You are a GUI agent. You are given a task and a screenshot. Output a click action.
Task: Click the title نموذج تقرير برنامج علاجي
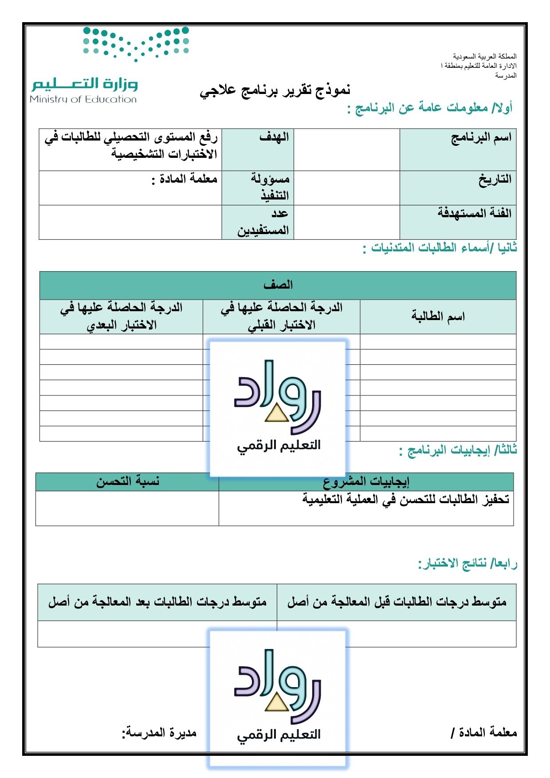pyautogui.click(x=275, y=90)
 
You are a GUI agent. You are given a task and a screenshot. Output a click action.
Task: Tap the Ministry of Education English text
pyautogui.click(x=83, y=99)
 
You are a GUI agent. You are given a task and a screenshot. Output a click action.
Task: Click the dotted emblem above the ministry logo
pyautogui.click(x=136, y=43)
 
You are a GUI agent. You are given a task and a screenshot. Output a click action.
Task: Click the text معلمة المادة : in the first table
pyautogui.click(x=184, y=179)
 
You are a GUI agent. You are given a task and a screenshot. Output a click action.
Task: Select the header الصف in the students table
pyautogui.click(x=278, y=285)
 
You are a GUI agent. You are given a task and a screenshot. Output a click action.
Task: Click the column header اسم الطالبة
pyautogui.click(x=438, y=317)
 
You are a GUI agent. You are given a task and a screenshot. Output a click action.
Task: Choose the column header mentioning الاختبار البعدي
pyautogui.click(x=121, y=317)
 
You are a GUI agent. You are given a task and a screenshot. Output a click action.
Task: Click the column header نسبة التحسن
pyautogui.click(x=127, y=481)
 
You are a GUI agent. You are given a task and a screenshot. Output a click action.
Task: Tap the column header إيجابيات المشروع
pyautogui.click(x=366, y=481)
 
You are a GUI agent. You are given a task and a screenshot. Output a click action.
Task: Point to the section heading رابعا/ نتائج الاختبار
pyautogui.click(x=467, y=564)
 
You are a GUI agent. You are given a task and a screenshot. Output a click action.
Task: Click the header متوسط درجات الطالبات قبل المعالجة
pyautogui.click(x=397, y=602)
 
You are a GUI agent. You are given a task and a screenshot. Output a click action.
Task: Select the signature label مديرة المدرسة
pyautogui.click(x=159, y=732)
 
